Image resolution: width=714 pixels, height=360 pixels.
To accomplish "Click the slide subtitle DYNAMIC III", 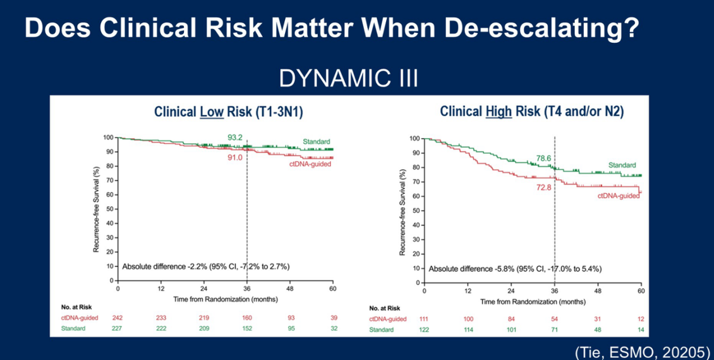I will (349, 78).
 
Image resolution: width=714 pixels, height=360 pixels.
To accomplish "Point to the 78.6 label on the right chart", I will (545, 158).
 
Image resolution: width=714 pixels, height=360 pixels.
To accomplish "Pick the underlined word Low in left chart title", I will (212, 112).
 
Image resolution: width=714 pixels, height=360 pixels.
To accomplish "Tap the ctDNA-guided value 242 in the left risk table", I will (118, 318).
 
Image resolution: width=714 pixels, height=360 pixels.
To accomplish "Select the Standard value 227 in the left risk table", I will (118, 328).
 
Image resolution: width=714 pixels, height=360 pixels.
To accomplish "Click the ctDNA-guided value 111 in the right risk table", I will (424, 319).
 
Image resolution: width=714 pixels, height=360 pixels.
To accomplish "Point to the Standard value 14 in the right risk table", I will (640, 330).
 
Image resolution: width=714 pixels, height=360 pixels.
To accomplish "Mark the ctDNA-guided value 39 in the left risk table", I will (333, 318).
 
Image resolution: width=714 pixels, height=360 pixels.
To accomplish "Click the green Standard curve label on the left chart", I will (317, 141).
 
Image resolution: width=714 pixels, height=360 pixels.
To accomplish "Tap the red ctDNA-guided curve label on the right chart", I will (619, 196).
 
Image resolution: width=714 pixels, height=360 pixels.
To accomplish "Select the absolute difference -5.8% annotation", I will (515, 268).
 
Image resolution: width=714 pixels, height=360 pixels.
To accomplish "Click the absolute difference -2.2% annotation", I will (205, 267).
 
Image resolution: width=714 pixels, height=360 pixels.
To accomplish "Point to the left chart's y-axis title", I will (97, 208).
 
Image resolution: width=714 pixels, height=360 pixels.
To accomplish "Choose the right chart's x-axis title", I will (532, 302).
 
